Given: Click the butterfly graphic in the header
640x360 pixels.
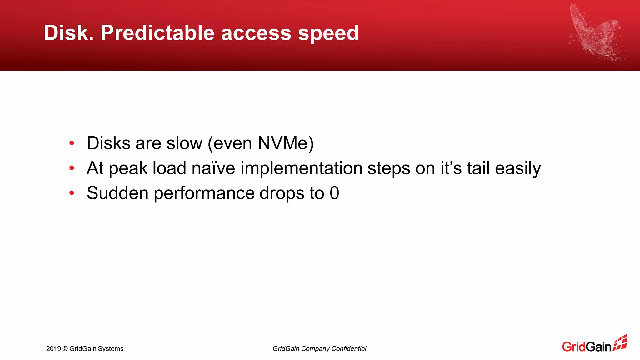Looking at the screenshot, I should [595, 34].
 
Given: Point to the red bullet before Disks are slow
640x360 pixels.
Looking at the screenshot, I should [72, 143].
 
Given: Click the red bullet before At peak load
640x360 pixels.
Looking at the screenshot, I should [72, 168].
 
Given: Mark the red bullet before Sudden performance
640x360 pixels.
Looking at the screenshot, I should [72, 193].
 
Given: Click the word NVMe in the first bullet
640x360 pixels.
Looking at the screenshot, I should [282, 143].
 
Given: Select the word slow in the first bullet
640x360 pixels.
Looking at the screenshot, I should [184, 143].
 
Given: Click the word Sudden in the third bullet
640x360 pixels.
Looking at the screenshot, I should [117, 193].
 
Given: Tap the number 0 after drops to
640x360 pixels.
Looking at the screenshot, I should [334, 193].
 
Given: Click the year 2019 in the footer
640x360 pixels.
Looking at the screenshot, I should [53, 349].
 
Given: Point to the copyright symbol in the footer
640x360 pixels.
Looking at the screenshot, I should [65, 349].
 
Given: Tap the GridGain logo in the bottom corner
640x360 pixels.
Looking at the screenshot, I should [594, 345].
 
